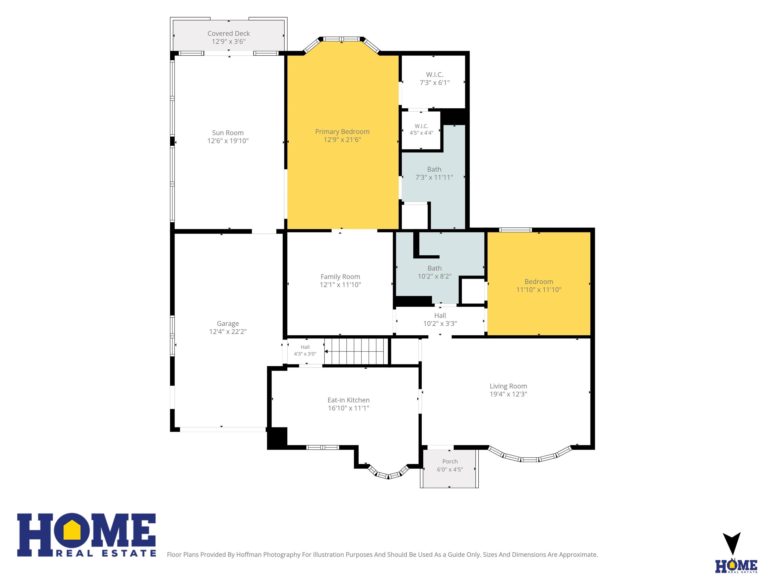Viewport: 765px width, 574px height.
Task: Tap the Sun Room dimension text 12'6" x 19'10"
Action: click(x=228, y=141)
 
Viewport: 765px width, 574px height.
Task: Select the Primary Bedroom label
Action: click(x=342, y=132)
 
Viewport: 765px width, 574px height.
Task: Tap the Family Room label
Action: click(x=340, y=277)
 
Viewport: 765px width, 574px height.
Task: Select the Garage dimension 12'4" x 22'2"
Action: click(x=228, y=331)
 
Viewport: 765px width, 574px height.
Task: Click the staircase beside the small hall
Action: click(x=356, y=351)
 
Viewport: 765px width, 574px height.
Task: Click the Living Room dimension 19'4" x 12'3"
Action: click(x=509, y=394)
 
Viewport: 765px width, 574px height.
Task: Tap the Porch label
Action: click(x=450, y=462)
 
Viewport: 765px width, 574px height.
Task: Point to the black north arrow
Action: click(x=731, y=543)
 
